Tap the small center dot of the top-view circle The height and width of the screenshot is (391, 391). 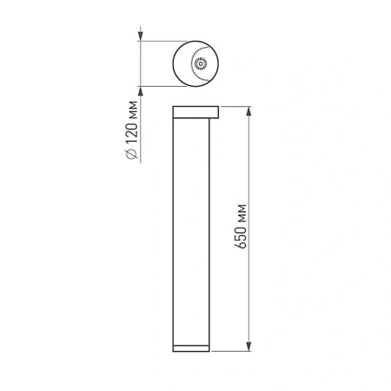198,63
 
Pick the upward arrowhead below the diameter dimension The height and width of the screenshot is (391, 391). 141,90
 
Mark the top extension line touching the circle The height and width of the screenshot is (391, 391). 165,41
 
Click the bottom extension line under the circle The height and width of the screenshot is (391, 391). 165,85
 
